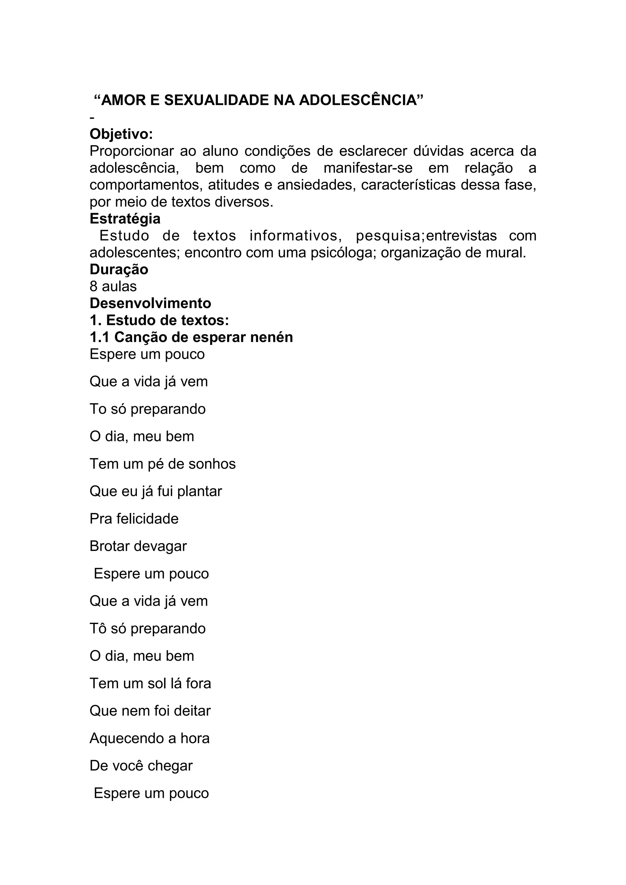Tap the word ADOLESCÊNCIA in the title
pyautogui.click(x=361, y=100)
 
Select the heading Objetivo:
pyautogui.click(x=121, y=134)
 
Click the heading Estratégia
pyautogui.click(x=125, y=218)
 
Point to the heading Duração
pyautogui.click(x=119, y=270)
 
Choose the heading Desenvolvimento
pyautogui.click(x=150, y=303)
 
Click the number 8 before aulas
pyautogui.click(x=93, y=286)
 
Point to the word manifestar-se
pyautogui.click(x=368, y=168)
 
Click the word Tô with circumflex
pyautogui.click(x=98, y=629)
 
